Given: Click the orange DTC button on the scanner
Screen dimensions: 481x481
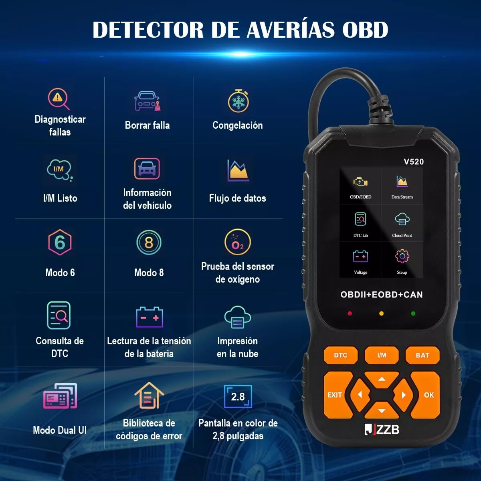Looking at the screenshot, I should pyautogui.click(x=340, y=355).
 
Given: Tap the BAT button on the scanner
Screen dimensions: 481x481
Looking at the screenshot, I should pyautogui.click(x=422, y=355).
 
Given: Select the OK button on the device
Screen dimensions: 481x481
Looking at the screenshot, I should pyautogui.click(x=428, y=395).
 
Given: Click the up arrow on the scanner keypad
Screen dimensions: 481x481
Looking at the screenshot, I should pyautogui.click(x=382, y=379).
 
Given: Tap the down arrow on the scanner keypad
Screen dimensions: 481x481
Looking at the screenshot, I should pyautogui.click(x=382, y=411).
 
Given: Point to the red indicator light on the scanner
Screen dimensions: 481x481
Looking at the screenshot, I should pyautogui.click(x=350, y=313).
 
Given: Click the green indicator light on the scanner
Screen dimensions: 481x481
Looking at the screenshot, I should pyautogui.click(x=413, y=313).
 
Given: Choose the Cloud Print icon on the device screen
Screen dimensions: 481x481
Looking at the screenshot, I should pyautogui.click(x=402, y=220).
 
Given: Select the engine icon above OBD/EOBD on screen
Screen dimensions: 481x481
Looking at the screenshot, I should pyautogui.click(x=360, y=182).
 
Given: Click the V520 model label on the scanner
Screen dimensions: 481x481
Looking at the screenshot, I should pyautogui.click(x=414, y=162).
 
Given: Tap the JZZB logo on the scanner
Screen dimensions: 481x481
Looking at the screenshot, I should pyautogui.click(x=382, y=429).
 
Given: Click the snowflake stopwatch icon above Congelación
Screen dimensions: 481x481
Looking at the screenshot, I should pyautogui.click(x=238, y=101).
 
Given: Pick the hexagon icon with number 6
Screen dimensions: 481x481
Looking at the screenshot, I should pyautogui.click(x=60, y=242).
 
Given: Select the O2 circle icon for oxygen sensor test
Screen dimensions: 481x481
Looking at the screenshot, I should pyautogui.click(x=238, y=243).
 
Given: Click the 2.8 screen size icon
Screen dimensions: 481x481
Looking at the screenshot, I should pyautogui.click(x=238, y=396).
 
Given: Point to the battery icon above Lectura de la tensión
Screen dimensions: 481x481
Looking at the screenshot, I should pyautogui.click(x=149, y=317).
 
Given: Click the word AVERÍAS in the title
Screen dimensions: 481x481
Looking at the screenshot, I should pyautogui.click(x=290, y=29).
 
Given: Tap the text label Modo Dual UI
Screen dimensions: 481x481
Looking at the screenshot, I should pyautogui.click(x=60, y=430).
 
